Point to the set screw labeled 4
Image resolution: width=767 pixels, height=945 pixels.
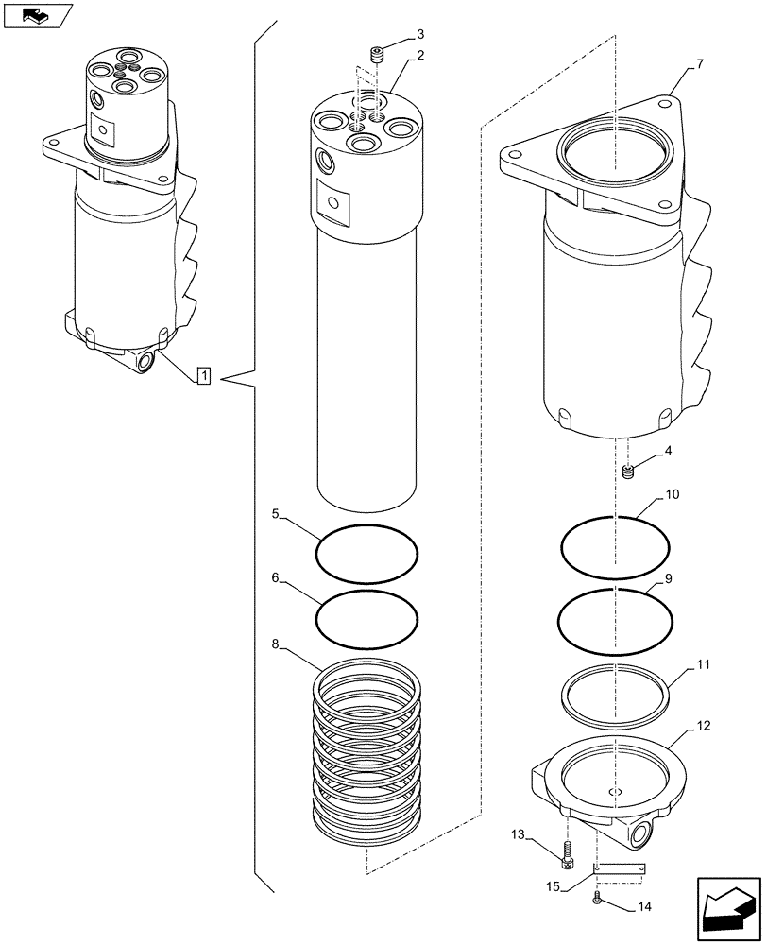tap(628, 470)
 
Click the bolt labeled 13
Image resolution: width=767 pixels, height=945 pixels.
tap(567, 855)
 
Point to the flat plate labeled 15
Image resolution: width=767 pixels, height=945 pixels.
tap(620, 868)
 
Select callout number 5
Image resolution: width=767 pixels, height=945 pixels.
tap(275, 514)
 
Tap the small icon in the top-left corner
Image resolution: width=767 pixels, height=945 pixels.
tap(36, 14)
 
